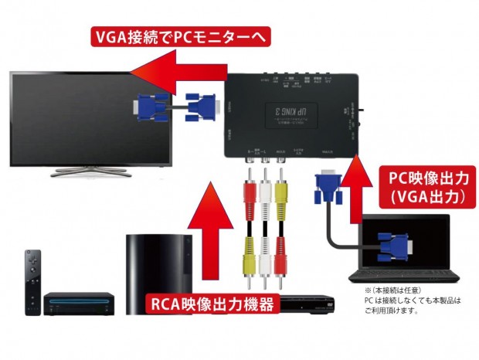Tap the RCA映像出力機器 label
tap(212, 305)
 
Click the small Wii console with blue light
tap(74, 301)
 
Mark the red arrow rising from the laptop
tap(357, 193)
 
